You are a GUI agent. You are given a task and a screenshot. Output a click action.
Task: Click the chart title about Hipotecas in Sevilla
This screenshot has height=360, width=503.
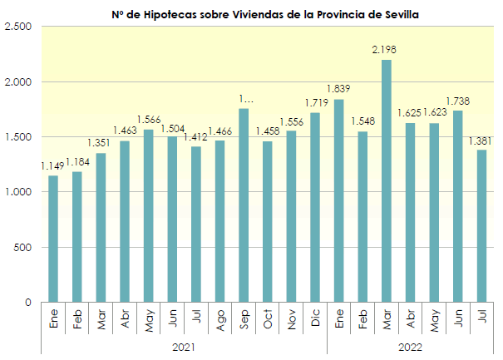click(x=265, y=14)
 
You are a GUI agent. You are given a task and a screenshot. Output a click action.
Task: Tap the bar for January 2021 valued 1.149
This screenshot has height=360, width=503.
click(x=53, y=239)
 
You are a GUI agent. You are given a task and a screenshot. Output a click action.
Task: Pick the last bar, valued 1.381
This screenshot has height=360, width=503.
click(x=481, y=226)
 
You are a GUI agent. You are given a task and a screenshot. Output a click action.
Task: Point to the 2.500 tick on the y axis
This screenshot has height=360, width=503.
click(x=17, y=27)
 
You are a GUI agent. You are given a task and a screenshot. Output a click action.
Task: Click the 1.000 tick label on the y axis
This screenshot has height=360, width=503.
click(x=17, y=192)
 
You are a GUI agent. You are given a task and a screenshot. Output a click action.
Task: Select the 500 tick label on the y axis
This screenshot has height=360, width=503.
click(x=22, y=247)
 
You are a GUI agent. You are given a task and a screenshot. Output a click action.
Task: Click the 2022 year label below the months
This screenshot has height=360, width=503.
click(x=410, y=347)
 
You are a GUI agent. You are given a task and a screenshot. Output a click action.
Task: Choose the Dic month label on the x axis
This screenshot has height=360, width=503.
click(x=315, y=319)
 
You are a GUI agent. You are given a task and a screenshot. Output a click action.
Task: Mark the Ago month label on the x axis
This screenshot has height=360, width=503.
click(x=219, y=319)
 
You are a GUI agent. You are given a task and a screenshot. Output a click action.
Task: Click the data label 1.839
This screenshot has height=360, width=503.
click(x=338, y=89)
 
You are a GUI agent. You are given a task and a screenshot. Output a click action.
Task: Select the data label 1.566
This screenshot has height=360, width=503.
click(x=149, y=119)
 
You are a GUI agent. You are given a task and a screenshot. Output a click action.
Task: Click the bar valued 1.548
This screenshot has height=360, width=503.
click(x=362, y=217)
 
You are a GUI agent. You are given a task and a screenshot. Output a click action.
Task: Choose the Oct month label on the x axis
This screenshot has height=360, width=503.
click(x=268, y=319)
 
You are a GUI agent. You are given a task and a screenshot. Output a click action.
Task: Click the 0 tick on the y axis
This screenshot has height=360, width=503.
click(x=27, y=303)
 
